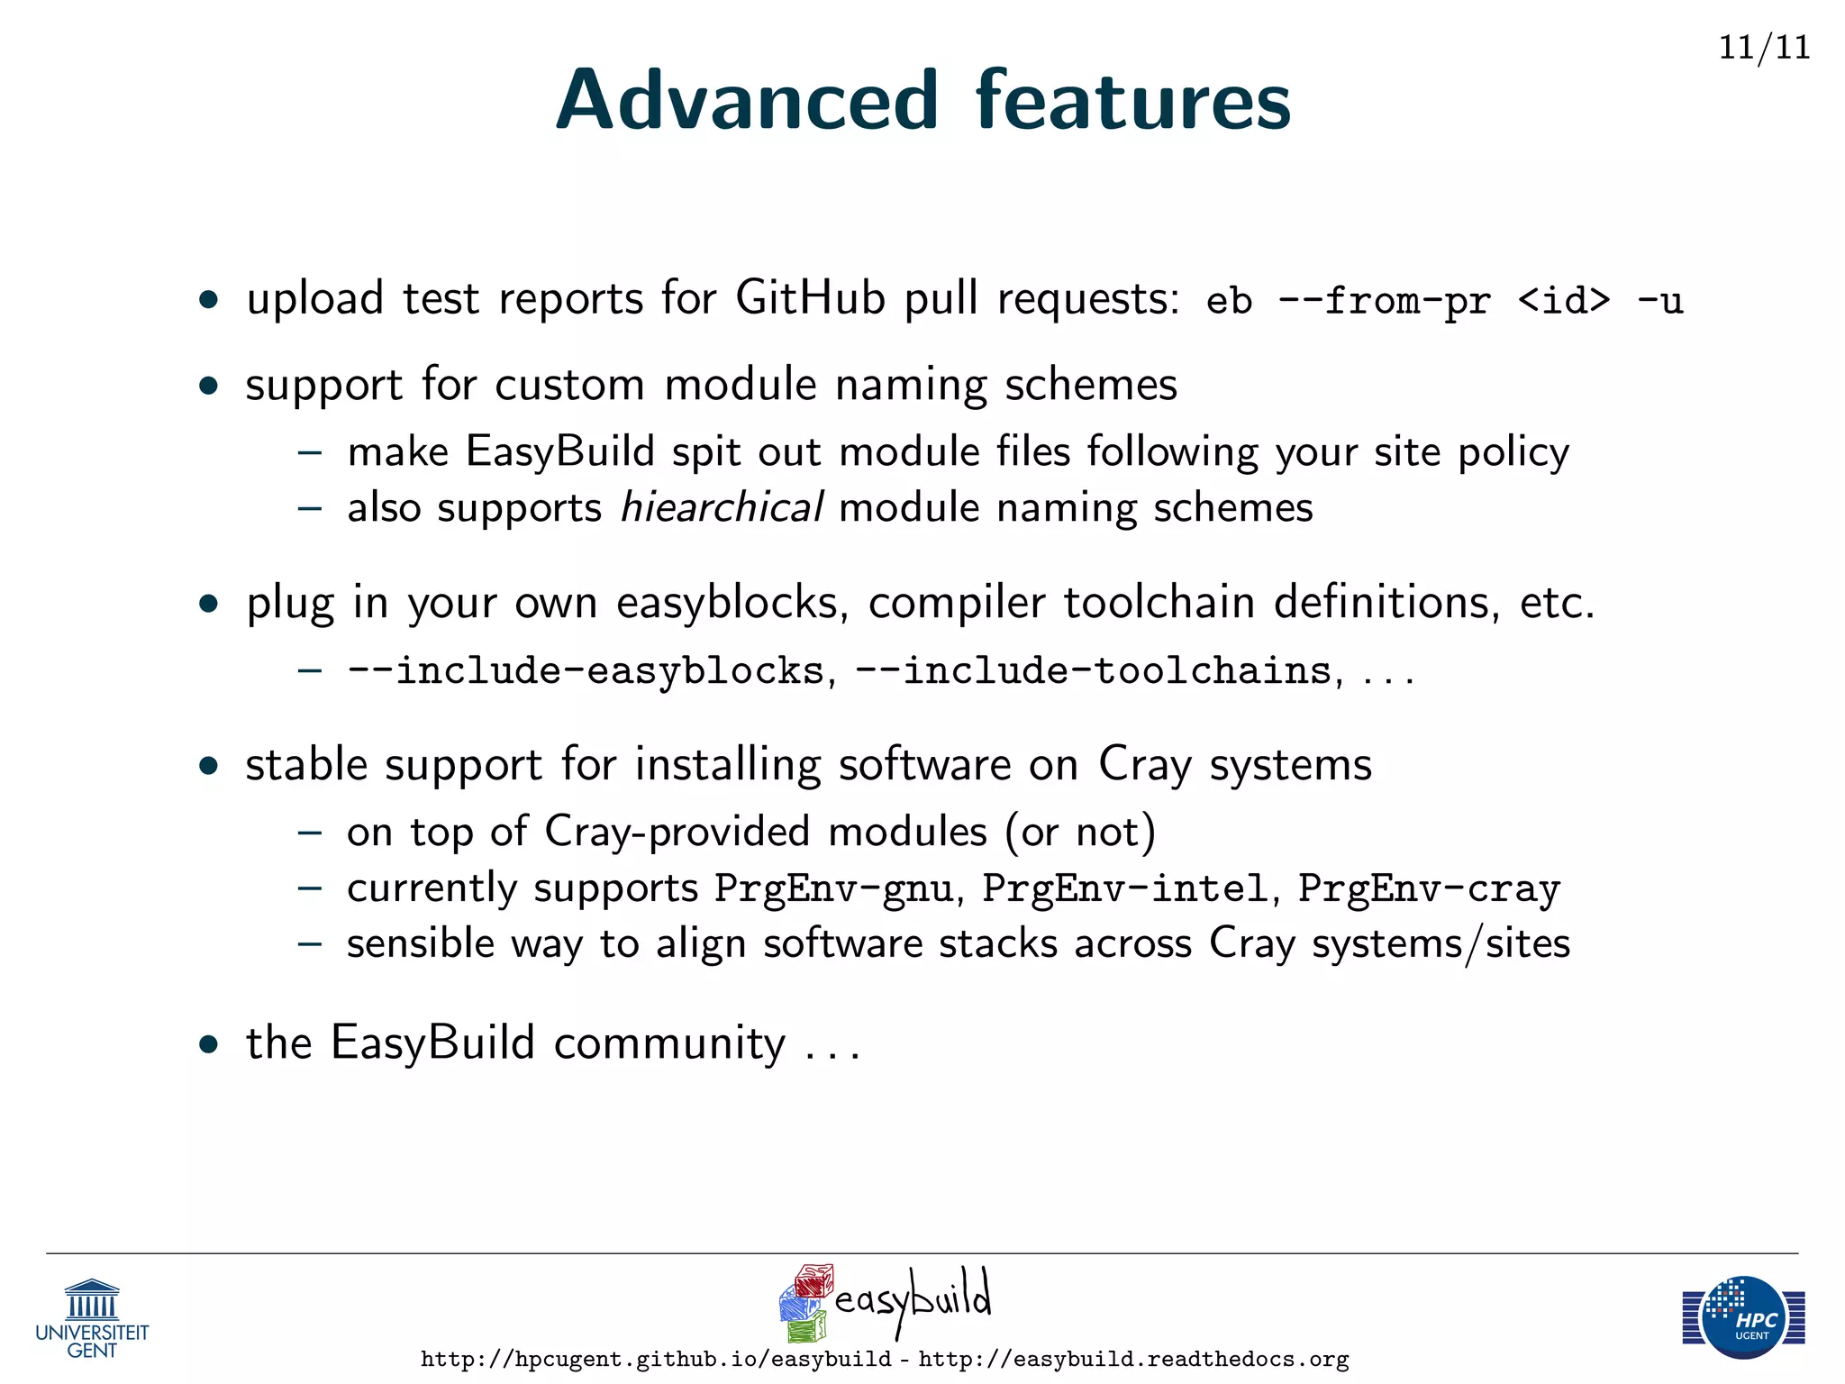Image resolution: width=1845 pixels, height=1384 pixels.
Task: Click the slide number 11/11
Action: (1764, 47)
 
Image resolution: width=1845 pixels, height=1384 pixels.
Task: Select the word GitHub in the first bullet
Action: (810, 297)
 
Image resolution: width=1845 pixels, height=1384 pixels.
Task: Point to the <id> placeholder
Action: (1564, 301)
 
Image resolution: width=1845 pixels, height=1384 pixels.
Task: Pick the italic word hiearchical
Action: (721, 507)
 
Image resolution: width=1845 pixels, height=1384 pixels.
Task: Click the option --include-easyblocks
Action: (586, 671)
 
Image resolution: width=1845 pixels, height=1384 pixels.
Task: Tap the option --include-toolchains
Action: (1093, 671)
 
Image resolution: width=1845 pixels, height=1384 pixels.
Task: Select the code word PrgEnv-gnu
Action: (833, 889)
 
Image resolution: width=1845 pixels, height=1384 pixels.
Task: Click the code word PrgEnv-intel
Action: (1125, 889)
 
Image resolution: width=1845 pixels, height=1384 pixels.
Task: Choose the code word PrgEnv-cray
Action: (1429, 889)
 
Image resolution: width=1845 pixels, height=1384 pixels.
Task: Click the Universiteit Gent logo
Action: (92, 1318)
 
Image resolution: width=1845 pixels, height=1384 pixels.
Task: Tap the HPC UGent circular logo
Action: (1745, 1318)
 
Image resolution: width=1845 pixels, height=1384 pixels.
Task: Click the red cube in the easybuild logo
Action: (814, 1280)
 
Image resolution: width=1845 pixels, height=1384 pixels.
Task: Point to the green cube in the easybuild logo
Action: (806, 1326)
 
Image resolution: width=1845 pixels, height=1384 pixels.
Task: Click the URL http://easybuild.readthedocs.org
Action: (1133, 1359)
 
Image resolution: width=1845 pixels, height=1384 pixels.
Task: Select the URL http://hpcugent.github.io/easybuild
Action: (656, 1359)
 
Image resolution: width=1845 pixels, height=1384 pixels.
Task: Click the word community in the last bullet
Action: (669, 1043)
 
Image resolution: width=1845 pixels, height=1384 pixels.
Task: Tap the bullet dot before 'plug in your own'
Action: (210, 604)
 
